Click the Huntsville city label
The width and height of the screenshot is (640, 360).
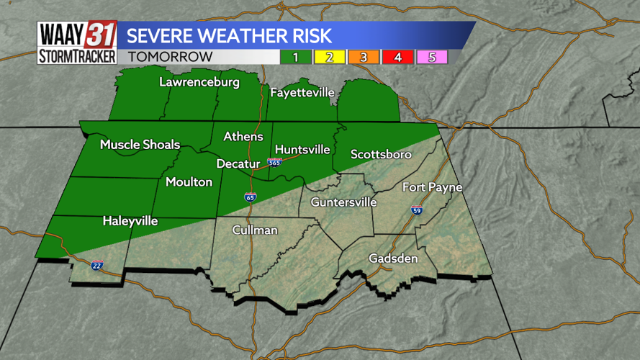tap(302, 150)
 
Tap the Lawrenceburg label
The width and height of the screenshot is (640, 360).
tap(199, 82)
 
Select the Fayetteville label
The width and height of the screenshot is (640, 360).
tap(302, 93)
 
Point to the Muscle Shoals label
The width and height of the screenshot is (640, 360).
tap(140, 145)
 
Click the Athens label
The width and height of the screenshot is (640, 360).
tap(243, 136)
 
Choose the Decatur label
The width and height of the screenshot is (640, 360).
tap(238, 164)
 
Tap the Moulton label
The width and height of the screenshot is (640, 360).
tap(189, 182)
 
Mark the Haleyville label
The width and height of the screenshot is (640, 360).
tap(130, 221)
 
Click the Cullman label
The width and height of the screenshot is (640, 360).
tap(255, 230)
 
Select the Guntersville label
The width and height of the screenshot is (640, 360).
tap(343, 202)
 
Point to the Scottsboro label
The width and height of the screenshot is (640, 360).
tap(381, 155)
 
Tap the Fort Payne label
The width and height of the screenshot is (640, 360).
tap(432, 187)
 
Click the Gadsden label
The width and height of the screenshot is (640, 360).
tap(393, 258)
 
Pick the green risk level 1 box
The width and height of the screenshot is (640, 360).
tap(296, 57)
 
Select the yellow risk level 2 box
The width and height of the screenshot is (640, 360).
tap(330, 57)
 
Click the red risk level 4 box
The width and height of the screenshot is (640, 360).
tap(398, 57)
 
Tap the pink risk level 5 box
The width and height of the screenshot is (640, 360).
tap(432, 57)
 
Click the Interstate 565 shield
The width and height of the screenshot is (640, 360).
tap(274, 163)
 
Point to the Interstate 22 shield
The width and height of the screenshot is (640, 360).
tap(97, 265)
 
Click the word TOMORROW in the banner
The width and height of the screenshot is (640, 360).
tap(171, 57)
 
